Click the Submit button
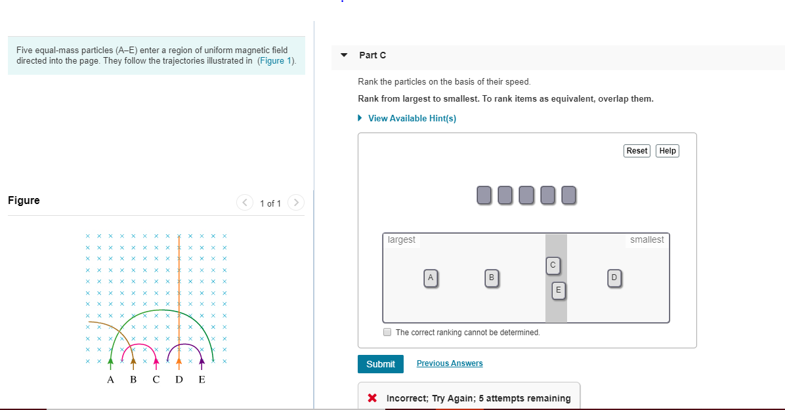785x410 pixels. (381, 364)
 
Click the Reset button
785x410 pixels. (637, 151)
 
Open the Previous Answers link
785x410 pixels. (450, 363)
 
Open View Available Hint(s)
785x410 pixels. (412, 119)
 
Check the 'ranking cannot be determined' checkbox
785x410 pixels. (388, 332)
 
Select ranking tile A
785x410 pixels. (431, 278)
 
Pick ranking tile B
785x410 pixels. (490, 278)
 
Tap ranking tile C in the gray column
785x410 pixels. (553, 265)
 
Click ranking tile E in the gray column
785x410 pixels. (558, 289)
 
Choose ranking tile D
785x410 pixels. (614, 278)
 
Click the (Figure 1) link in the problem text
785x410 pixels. (276, 61)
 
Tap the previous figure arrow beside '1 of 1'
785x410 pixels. (245, 203)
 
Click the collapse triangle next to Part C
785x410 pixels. (344, 56)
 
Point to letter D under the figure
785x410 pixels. (179, 380)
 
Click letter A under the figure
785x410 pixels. (110, 380)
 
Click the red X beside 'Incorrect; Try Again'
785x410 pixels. (372, 398)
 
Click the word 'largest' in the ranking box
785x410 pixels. (402, 240)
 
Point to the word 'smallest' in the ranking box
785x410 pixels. (647, 240)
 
